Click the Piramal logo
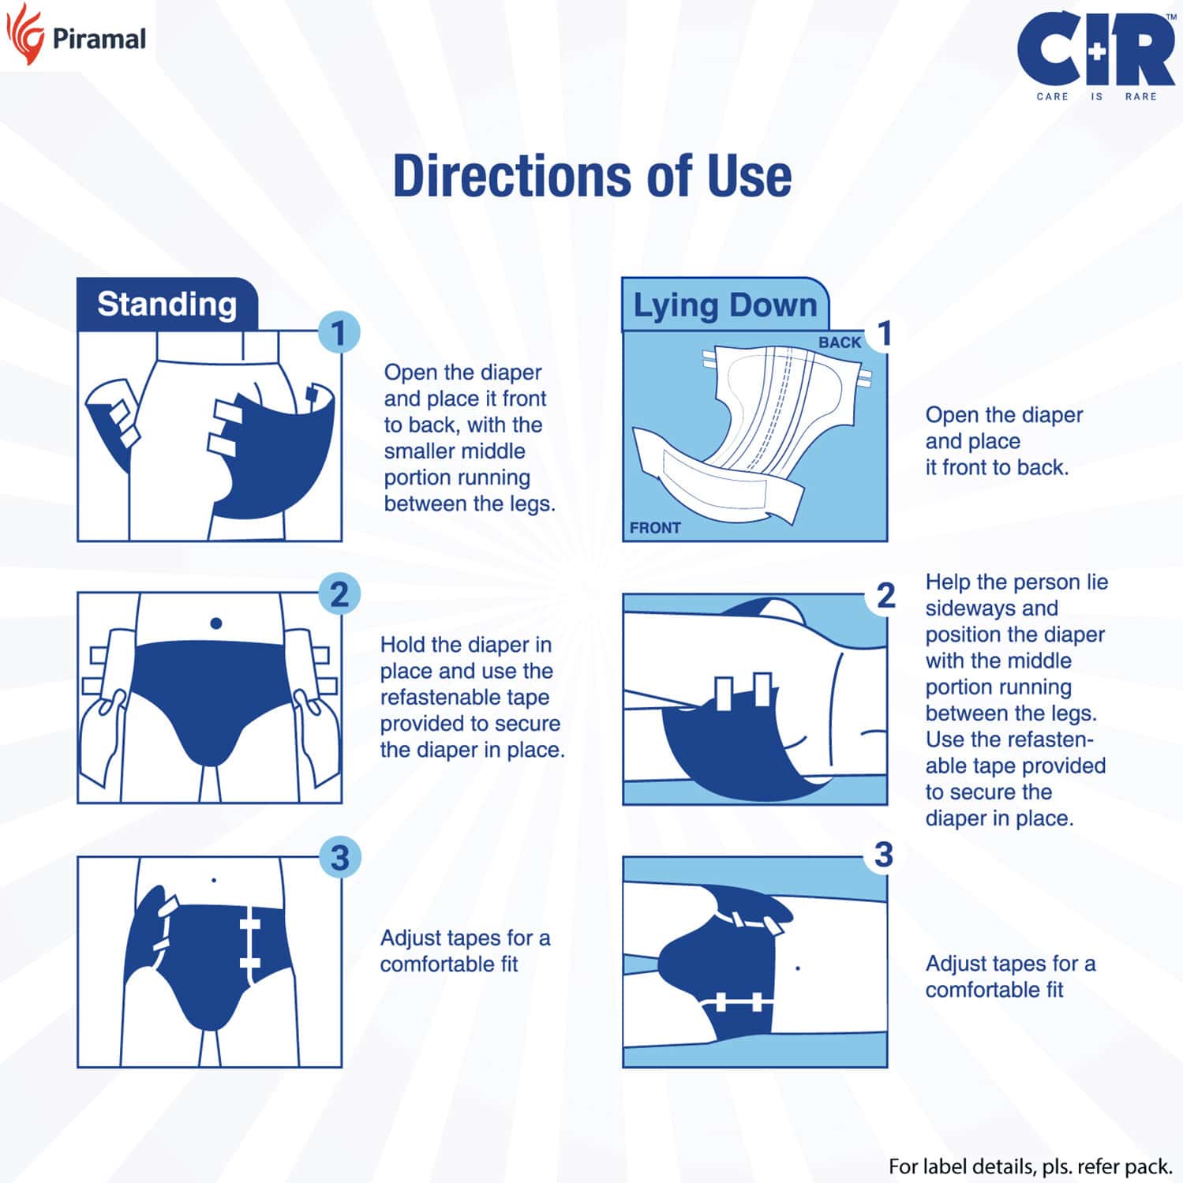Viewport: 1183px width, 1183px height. [77, 37]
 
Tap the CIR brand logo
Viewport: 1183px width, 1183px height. [1095, 49]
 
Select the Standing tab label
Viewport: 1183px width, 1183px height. [167, 305]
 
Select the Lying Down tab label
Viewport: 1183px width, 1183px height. [724, 305]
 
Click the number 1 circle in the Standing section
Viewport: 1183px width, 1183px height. [339, 333]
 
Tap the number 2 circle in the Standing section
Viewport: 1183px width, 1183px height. [339, 595]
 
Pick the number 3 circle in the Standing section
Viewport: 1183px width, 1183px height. [339, 858]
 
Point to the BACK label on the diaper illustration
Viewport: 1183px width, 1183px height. [839, 343]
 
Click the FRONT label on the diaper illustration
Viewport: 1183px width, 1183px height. [655, 528]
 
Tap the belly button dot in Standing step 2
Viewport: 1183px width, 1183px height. [216, 623]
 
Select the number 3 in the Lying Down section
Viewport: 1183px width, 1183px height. [884, 855]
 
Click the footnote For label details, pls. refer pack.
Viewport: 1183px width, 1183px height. [1029, 1166]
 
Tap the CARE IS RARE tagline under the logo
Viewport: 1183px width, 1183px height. [1095, 96]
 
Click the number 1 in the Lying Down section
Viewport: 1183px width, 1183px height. [885, 333]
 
